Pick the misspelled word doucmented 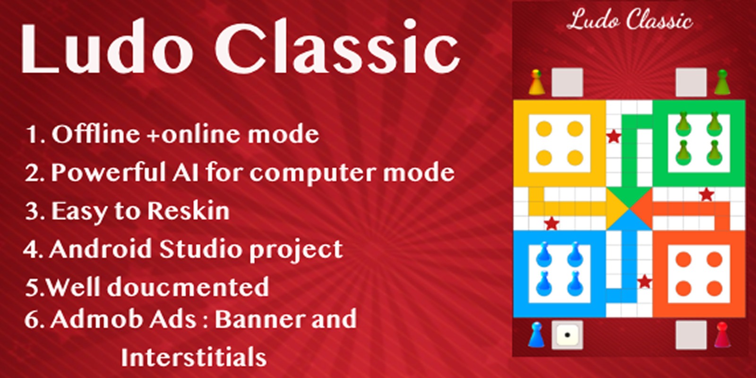189,287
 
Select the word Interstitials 194,357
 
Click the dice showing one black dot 567,335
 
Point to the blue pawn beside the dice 536,335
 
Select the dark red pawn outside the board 722,335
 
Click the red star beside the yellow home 613,137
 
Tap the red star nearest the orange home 644,282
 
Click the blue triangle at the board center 629,220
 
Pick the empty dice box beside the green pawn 691,82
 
